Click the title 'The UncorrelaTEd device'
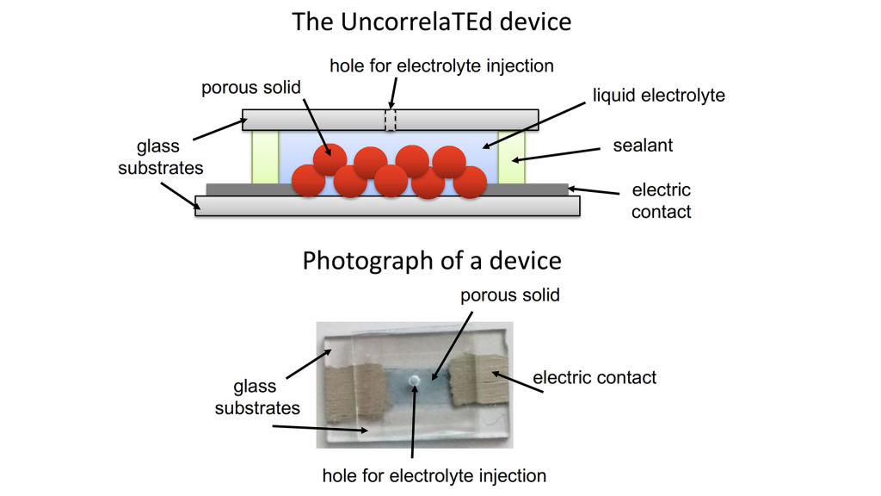(x=431, y=22)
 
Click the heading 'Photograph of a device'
(x=431, y=260)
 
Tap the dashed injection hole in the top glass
(x=390, y=120)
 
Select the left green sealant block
(x=265, y=158)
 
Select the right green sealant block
(x=512, y=158)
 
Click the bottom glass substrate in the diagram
(x=387, y=206)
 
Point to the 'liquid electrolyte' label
(x=658, y=95)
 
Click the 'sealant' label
(x=643, y=146)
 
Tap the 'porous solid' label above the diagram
(x=251, y=88)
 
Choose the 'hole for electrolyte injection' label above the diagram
(x=441, y=65)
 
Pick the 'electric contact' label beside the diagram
(x=661, y=200)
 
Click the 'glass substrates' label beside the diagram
(x=160, y=157)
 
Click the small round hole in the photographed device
(x=415, y=381)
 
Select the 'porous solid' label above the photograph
(x=509, y=295)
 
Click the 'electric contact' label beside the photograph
(x=595, y=377)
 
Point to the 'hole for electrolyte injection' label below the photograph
(x=434, y=475)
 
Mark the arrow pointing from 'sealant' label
(x=557, y=154)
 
